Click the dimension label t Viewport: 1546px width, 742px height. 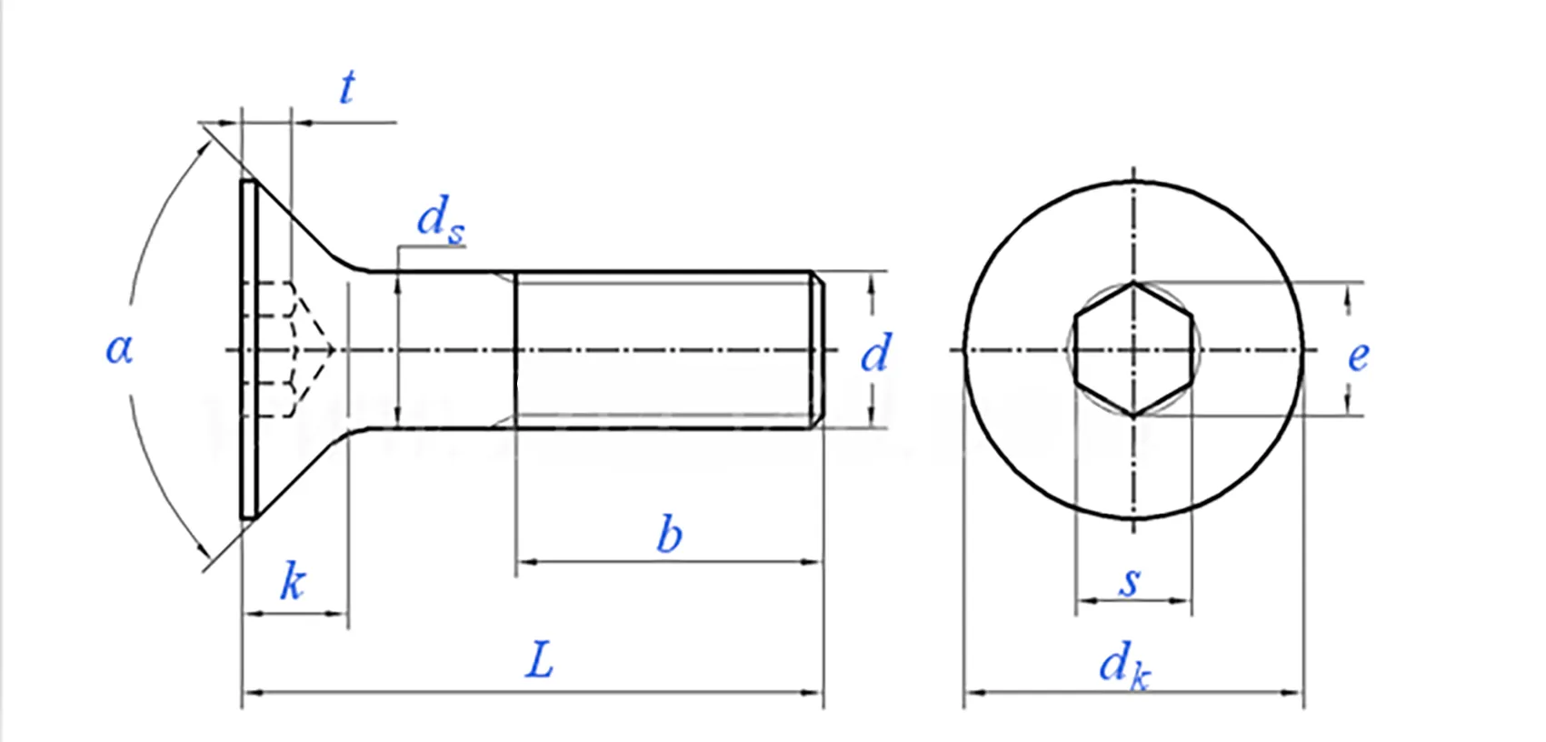pos(346,88)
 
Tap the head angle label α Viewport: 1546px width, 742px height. pos(119,348)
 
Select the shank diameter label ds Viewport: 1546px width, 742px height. pos(440,221)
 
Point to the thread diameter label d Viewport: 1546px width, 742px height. pos(876,354)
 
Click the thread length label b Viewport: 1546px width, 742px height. pos(669,535)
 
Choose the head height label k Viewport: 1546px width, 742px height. pos(292,582)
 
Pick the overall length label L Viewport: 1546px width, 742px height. pos(539,660)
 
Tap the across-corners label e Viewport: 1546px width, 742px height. pos(1358,356)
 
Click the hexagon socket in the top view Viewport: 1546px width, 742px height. pos(1132,349)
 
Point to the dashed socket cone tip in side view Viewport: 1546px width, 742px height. pos(334,349)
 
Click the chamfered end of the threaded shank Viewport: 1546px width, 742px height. pos(818,349)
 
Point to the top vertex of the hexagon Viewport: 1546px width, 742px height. pos(1133,284)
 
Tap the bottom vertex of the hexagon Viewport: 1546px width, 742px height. pos(1133,416)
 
